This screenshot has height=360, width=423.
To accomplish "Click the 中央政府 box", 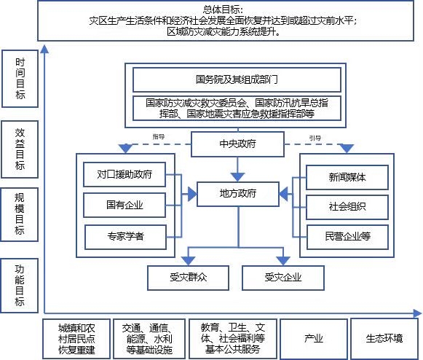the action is pos(237,144).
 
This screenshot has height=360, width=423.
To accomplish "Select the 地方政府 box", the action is pos(237,194).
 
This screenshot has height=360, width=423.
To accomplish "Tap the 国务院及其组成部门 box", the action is pos(237,79).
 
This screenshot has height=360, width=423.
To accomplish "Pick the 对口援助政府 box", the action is pos(124,174).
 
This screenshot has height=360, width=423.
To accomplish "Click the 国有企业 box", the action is pos(124,205).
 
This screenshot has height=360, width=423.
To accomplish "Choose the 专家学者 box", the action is pos(125,237).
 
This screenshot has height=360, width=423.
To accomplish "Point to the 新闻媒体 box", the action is pos(347,177).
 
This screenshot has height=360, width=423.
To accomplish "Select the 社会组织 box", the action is pos(347,207).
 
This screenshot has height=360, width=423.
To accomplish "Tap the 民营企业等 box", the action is pos(347,237).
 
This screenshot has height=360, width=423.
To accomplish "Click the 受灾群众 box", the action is pos(188,278).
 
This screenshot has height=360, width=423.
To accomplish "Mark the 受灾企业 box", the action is pos(283,278).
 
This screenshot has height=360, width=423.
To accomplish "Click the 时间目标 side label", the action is pos(20,79).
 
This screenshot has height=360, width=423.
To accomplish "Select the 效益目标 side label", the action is pos(20,149).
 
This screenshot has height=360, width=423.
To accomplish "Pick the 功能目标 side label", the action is pos(20,286).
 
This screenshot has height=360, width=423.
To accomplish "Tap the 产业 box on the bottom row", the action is pos(314,339).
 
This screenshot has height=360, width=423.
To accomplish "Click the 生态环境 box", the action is pos(384,339).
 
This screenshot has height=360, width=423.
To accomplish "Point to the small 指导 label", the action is pos(159,137).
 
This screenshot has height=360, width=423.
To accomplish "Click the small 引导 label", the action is pos(315,138).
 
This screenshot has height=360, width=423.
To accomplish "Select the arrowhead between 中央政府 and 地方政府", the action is pos(237,177).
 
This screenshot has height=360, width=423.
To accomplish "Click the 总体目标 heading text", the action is pos(223,10).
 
